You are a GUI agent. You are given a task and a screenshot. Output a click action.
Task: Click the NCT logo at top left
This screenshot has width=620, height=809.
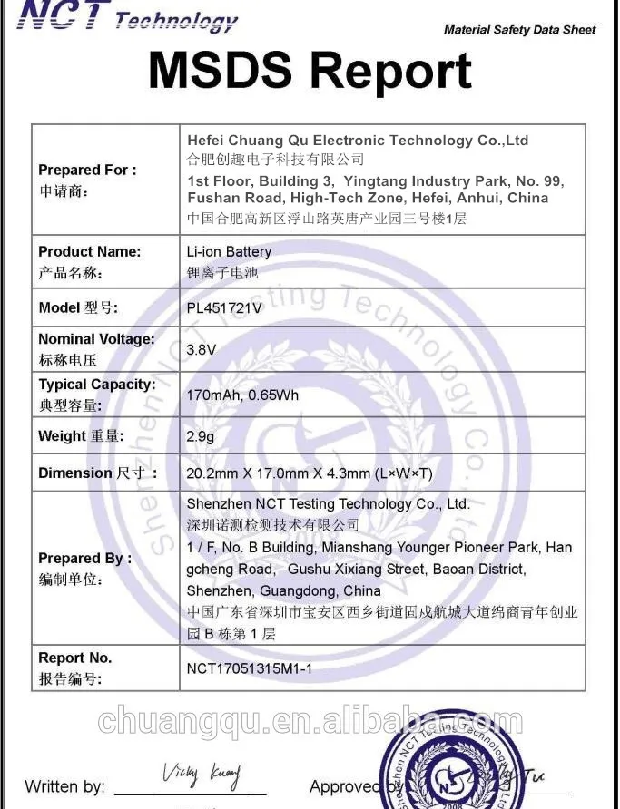click(x=64, y=15)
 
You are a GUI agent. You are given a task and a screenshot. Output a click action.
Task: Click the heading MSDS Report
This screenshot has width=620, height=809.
click(x=310, y=71)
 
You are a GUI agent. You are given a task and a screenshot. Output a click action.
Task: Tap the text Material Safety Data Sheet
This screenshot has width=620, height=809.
click(x=519, y=30)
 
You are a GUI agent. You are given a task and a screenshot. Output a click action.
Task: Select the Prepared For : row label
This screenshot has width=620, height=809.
click(x=87, y=170)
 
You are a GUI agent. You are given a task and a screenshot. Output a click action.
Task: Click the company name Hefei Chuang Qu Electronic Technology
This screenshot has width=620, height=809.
click(x=357, y=141)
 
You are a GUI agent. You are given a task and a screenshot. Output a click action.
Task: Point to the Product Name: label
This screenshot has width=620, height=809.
click(x=89, y=251)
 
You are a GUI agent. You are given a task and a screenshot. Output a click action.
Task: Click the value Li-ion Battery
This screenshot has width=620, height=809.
click(x=229, y=251)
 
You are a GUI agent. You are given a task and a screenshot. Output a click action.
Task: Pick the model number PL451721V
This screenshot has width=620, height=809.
click(x=224, y=308)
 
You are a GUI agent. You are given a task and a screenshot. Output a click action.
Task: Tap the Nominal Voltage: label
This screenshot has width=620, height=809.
click(x=96, y=339)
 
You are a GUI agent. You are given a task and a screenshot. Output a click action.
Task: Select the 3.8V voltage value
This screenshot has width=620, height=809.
click(x=201, y=349)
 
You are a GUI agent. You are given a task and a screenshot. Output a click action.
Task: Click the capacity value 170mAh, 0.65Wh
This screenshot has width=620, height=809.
click(x=241, y=395)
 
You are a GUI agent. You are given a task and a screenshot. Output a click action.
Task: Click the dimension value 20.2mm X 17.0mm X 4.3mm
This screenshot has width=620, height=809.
click(x=309, y=473)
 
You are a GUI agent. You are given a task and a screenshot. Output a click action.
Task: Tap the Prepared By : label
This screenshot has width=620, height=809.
click(x=84, y=558)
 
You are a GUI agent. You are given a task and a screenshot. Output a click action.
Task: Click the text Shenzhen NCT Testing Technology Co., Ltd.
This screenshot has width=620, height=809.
click(x=328, y=504)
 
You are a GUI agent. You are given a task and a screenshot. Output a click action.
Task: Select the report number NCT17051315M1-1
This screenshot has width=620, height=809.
click(x=249, y=668)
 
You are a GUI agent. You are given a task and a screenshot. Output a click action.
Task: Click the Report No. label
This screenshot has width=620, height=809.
click(x=74, y=658)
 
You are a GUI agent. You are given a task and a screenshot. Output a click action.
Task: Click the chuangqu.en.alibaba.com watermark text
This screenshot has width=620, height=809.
click(x=310, y=722)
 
